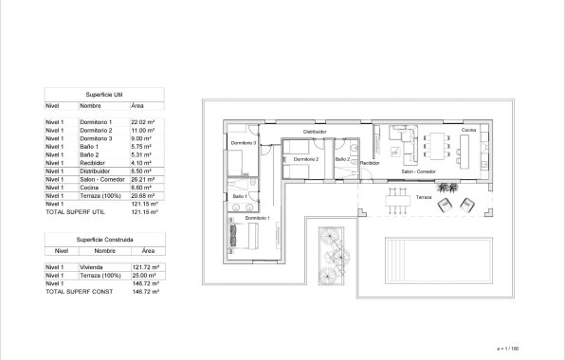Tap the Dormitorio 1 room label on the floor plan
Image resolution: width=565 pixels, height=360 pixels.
257,219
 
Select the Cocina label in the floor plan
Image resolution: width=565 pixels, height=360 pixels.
468,130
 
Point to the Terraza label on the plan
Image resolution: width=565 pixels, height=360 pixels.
423,197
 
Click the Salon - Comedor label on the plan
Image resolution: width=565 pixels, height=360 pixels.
418,172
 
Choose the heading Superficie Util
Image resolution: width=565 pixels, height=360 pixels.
104,95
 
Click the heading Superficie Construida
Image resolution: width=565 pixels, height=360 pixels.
104,241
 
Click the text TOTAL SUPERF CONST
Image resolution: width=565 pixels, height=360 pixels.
80,291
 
